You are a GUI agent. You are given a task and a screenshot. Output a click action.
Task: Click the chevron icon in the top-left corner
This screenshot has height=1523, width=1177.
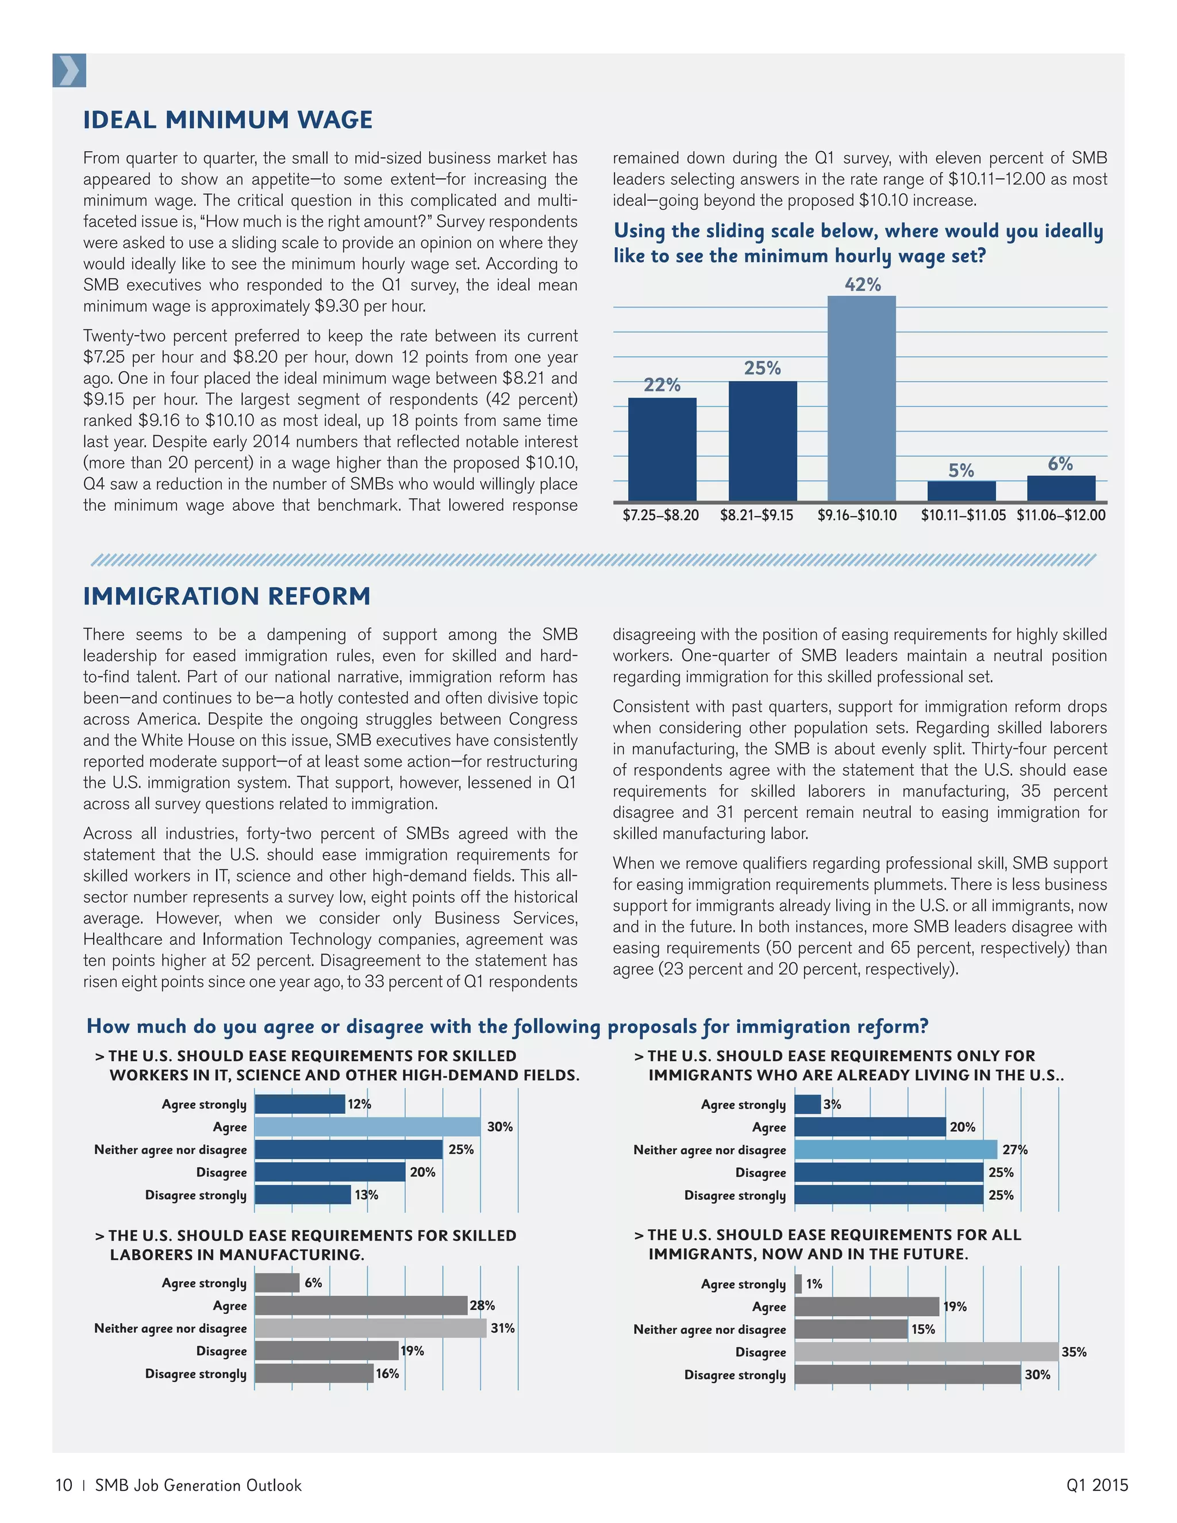pyautogui.click(x=69, y=71)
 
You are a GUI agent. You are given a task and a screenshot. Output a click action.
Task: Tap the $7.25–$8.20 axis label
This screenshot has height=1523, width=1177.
pyautogui.click(x=660, y=516)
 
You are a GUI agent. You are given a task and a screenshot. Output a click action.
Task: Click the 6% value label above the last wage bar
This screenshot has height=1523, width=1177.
pyautogui.click(x=1060, y=464)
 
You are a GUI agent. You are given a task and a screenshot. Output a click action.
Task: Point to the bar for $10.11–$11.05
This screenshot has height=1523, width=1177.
pyautogui.click(x=961, y=491)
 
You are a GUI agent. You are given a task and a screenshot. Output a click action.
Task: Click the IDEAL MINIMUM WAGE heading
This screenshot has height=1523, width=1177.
pyautogui.click(x=228, y=120)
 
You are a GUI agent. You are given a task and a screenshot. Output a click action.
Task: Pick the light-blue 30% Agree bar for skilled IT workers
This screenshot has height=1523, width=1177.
pyautogui.click(x=367, y=1126)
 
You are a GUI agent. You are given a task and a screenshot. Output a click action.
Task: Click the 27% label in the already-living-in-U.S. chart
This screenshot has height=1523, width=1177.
pyautogui.click(x=1014, y=1149)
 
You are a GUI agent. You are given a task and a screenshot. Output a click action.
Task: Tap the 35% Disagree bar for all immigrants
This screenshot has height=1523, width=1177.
pyautogui.click(x=926, y=1352)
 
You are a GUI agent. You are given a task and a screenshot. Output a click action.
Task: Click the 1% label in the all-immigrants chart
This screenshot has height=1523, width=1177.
pyautogui.click(x=814, y=1283)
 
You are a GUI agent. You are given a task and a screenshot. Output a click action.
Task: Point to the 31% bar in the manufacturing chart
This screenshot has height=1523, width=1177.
pyautogui.click(x=370, y=1328)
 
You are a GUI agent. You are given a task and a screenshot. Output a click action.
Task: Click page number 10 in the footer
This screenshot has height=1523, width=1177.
pyautogui.click(x=63, y=1485)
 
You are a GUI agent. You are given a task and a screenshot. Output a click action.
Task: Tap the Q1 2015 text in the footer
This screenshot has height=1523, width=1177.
pyautogui.click(x=1097, y=1485)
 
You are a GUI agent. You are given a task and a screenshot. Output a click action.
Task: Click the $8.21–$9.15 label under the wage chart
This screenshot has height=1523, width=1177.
pyautogui.click(x=756, y=516)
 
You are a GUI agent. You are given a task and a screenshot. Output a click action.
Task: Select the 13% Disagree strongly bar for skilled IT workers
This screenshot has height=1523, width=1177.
pyautogui.click(x=303, y=1195)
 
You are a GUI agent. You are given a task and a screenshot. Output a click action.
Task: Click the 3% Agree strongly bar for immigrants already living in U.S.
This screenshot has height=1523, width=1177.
pyautogui.click(x=807, y=1104)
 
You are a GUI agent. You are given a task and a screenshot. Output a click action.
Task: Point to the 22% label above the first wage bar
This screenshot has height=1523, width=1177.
pyautogui.click(x=661, y=385)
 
